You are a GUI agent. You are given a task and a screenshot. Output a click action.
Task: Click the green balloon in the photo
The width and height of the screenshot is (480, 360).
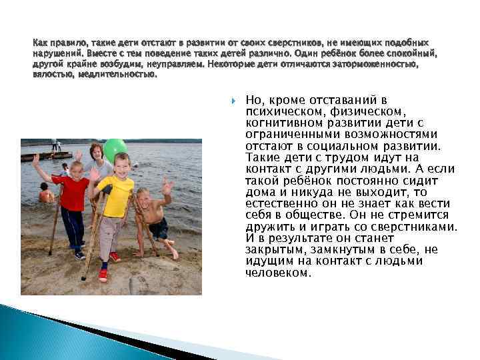point(115,150)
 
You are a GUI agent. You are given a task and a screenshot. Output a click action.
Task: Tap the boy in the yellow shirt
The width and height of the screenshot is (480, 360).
point(115,200)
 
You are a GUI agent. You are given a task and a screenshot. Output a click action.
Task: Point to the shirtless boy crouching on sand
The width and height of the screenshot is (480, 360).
point(154,217)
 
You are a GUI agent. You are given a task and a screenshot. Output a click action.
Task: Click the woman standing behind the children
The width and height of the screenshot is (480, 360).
point(98,167)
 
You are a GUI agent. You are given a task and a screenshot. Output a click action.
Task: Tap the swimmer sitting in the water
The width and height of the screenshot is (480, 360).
point(45,194)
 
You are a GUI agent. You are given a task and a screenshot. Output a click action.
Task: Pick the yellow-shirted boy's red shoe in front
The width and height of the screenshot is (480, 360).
point(103,274)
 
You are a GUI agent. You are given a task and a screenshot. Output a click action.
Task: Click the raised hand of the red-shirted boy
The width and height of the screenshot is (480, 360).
point(36,160)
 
